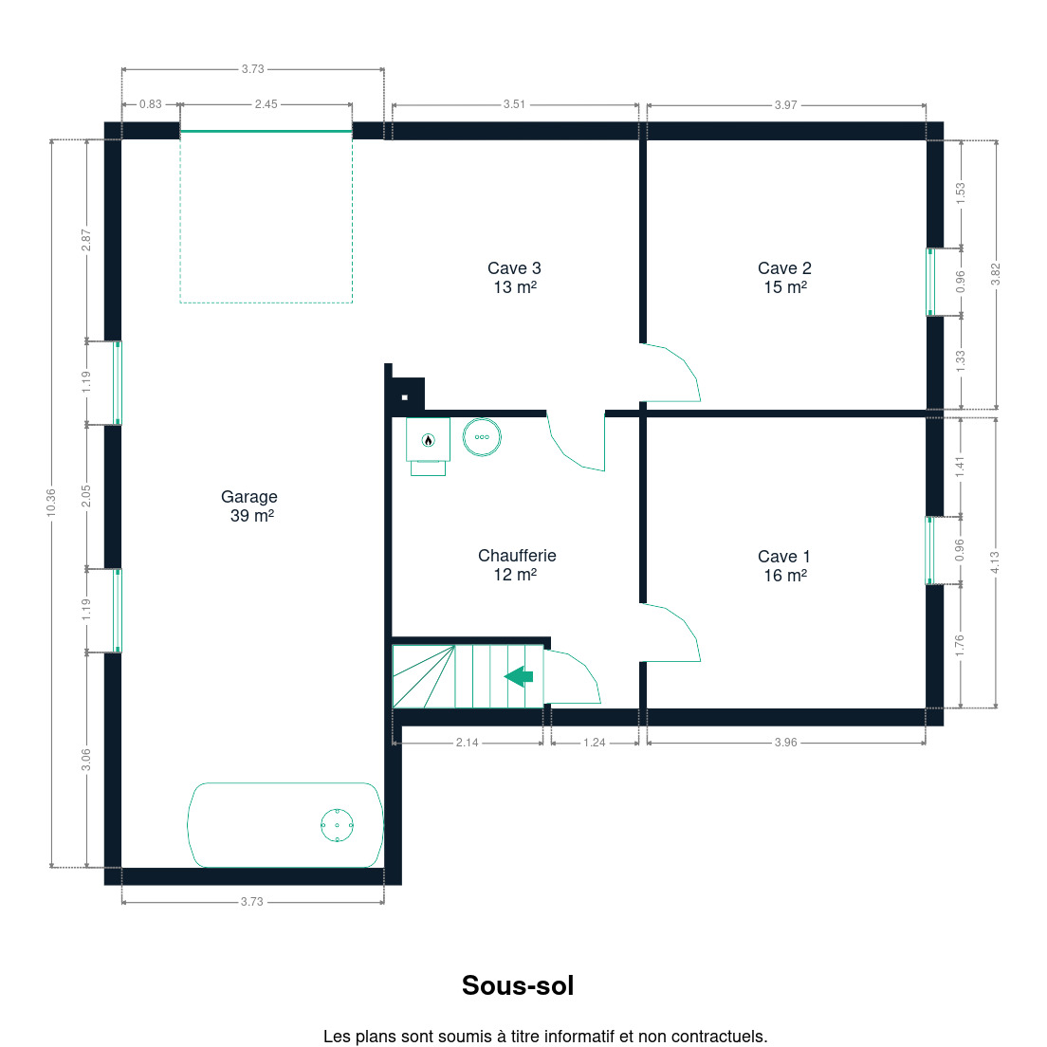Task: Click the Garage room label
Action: point(249,505)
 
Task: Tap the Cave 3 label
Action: point(514,277)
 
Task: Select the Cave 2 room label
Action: point(784,277)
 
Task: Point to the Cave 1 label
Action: point(784,565)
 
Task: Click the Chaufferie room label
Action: point(517,564)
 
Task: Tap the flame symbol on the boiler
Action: point(428,439)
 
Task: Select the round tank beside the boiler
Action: point(482,437)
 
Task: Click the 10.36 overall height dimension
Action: point(51,502)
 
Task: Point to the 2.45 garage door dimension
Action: point(266,104)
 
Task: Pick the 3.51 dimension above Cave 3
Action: point(514,104)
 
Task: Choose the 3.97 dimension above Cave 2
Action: point(785,105)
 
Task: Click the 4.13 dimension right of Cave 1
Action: point(995,562)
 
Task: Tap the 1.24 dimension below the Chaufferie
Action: point(595,743)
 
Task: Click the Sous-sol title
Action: point(518,985)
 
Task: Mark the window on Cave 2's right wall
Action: point(930,282)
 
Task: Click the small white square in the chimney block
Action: point(405,397)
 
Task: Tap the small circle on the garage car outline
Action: point(338,825)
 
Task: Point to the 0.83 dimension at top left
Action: point(150,104)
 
